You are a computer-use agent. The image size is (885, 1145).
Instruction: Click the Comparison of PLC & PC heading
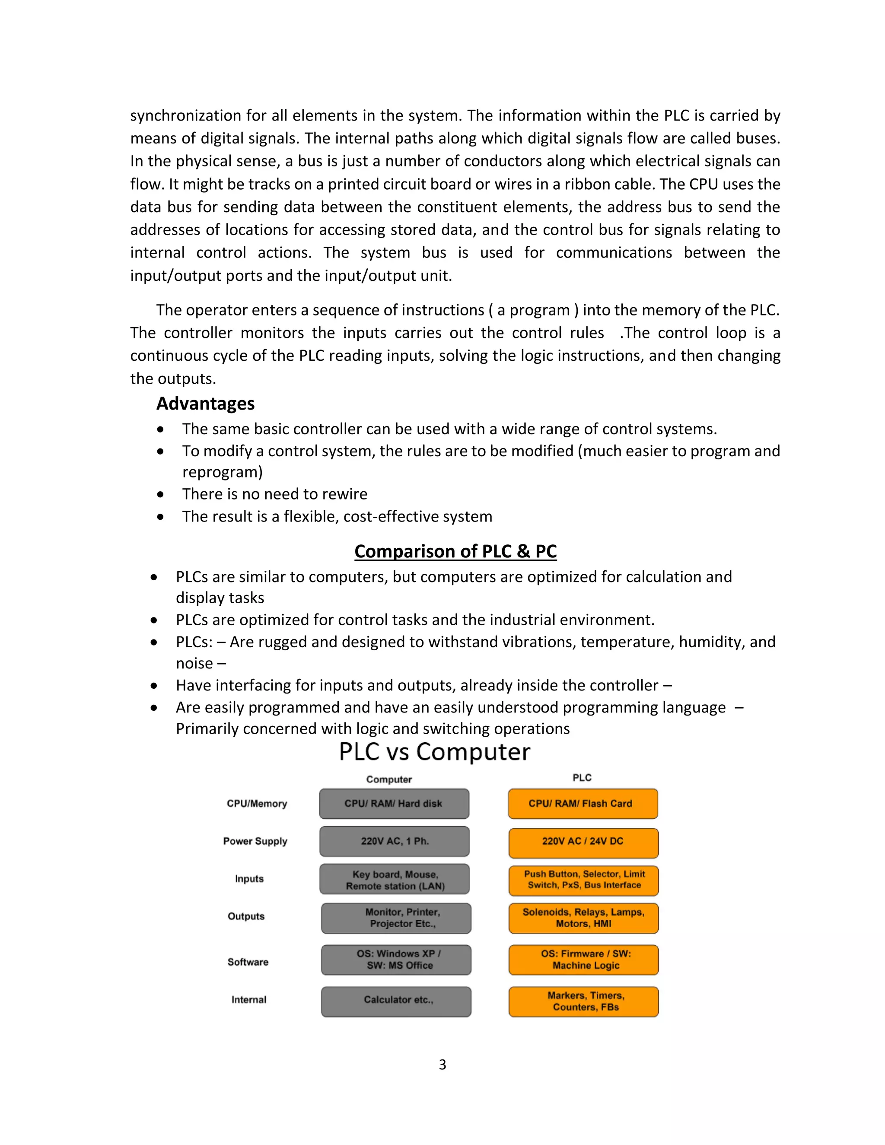(x=455, y=551)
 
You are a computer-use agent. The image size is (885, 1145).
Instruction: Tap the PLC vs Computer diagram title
(x=434, y=752)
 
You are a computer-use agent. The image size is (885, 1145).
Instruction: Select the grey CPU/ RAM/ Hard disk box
(x=394, y=804)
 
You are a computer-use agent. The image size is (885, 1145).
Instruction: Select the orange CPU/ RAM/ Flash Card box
(x=583, y=804)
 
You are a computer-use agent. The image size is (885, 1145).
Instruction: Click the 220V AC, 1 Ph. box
(x=394, y=841)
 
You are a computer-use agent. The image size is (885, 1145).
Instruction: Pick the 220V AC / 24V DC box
(x=583, y=842)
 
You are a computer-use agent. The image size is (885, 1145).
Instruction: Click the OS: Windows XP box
(x=396, y=959)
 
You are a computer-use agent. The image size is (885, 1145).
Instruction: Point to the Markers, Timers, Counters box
(x=583, y=1002)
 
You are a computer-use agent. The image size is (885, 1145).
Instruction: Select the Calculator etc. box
(x=396, y=1002)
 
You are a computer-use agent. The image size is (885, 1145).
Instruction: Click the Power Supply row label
(x=255, y=841)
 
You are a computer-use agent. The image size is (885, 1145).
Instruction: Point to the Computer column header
(x=389, y=779)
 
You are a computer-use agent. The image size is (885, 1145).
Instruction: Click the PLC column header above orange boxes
(x=582, y=777)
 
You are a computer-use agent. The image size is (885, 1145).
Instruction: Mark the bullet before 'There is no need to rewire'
(x=160, y=494)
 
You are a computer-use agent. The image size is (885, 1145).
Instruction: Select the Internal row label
(x=248, y=1000)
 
